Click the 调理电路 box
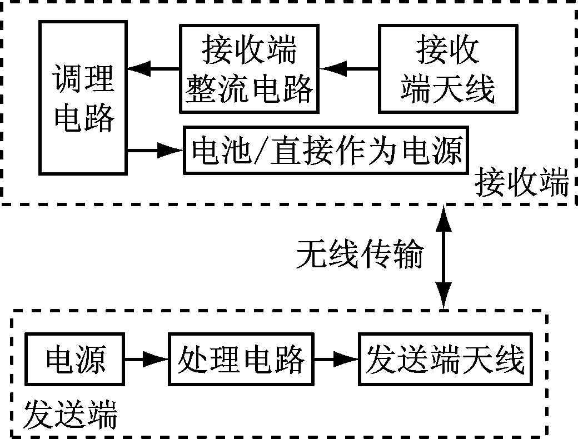83,97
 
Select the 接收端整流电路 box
250,69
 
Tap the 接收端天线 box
447,69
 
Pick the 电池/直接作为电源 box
326,150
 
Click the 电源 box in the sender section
75,360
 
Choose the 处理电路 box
241,360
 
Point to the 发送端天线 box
445,360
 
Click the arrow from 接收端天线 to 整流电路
348,69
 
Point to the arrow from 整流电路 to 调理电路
153,69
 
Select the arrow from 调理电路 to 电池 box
156,149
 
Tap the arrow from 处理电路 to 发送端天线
336,360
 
